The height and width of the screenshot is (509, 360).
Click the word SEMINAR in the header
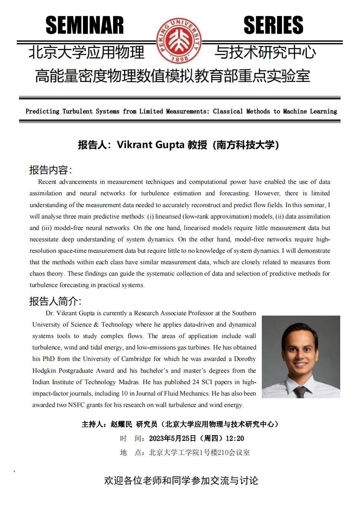click(x=84, y=25)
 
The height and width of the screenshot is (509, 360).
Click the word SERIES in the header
click(x=273, y=25)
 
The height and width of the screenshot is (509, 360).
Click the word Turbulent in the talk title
click(x=78, y=112)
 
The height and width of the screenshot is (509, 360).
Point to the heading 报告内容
click(x=51, y=169)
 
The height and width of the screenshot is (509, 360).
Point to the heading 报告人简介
click(x=55, y=301)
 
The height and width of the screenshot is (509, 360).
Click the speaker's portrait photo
click(x=301, y=356)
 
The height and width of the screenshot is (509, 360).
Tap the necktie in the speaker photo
click(x=300, y=391)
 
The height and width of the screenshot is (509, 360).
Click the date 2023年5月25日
click(x=172, y=438)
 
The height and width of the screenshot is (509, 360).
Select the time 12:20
click(x=234, y=438)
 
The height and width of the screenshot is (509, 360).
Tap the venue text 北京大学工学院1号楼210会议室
click(x=199, y=452)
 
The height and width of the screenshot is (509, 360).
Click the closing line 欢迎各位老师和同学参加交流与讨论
click(x=181, y=480)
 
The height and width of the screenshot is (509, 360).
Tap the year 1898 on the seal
click(x=178, y=59)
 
